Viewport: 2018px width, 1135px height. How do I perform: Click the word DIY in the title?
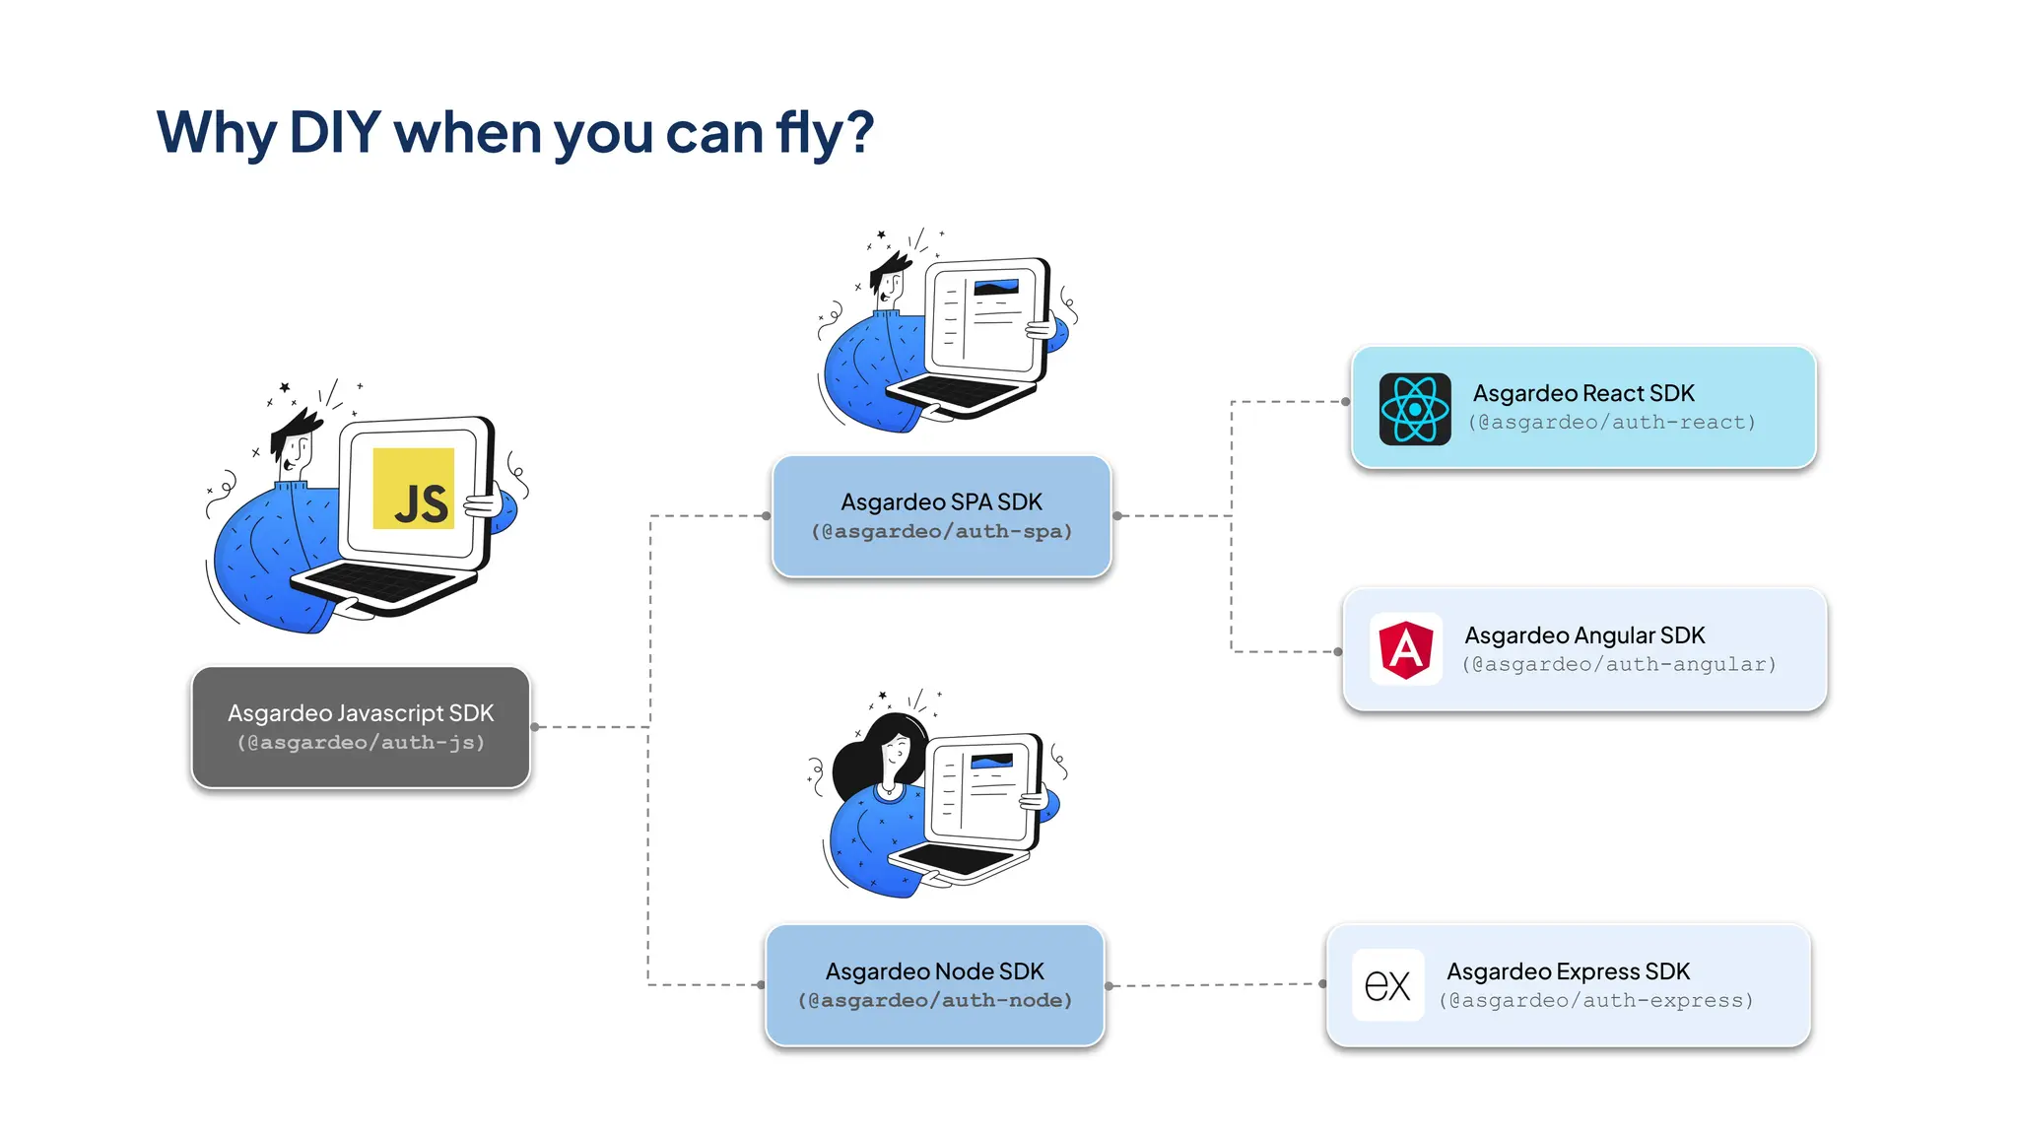(x=335, y=131)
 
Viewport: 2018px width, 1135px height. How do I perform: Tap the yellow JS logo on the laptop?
(x=414, y=490)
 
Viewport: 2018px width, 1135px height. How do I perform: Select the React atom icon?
(x=1414, y=409)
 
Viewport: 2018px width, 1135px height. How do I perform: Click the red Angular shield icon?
(x=1406, y=648)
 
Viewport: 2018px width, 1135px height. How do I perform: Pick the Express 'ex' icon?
(x=1387, y=985)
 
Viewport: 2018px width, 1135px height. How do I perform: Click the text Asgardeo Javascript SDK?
(x=361, y=712)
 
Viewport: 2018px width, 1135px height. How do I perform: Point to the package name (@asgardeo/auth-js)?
(x=361, y=743)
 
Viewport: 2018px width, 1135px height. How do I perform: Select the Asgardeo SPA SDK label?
(x=941, y=501)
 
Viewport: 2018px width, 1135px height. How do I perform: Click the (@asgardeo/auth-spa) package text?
(x=941, y=532)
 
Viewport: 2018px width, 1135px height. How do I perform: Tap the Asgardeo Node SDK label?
(x=934, y=971)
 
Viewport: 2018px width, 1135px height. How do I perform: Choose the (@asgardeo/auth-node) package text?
(x=934, y=1001)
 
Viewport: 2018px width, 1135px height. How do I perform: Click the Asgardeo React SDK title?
(x=1583, y=393)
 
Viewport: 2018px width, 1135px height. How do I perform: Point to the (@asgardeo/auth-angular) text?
(x=1619, y=665)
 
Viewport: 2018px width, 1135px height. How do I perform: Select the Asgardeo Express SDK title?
(x=1568, y=971)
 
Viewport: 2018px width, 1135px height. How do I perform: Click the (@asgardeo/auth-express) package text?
(x=1596, y=1001)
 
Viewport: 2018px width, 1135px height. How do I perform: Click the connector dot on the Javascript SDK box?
(x=535, y=727)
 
